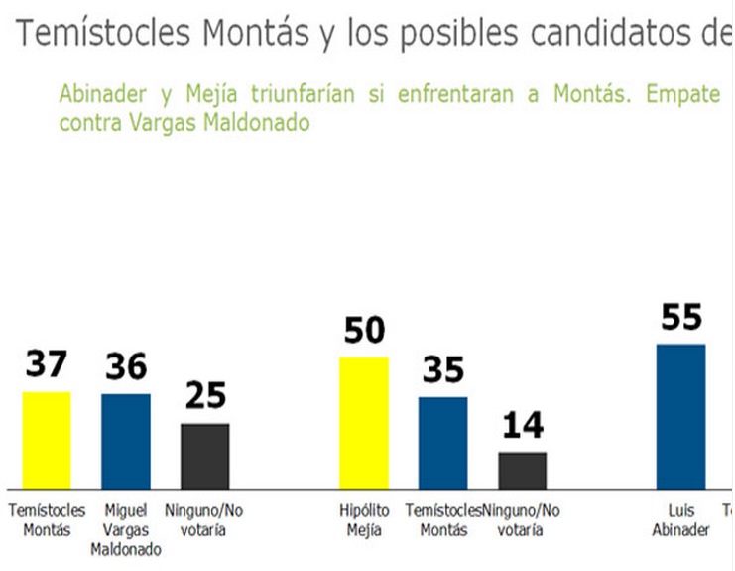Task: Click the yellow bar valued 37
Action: [x=47, y=440]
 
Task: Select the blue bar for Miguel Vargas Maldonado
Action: [x=126, y=441]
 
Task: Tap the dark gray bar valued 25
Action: [x=204, y=456]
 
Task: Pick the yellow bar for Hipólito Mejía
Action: [x=364, y=423]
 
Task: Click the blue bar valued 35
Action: [x=442, y=443]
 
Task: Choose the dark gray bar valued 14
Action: [x=522, y=470]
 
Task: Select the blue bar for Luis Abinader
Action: [x=680, y=416]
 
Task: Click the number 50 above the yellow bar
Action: [x=364, y=331]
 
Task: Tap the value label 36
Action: [x=126, y=367]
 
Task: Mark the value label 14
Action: [x=522, y=426]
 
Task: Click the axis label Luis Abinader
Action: [x=680, y=520]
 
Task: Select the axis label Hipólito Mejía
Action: [x=364, y=520]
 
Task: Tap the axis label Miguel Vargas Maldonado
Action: [x=126, y=529]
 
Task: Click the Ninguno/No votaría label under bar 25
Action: [x=204, y=520]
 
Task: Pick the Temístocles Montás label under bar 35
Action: [x=442, y=520]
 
